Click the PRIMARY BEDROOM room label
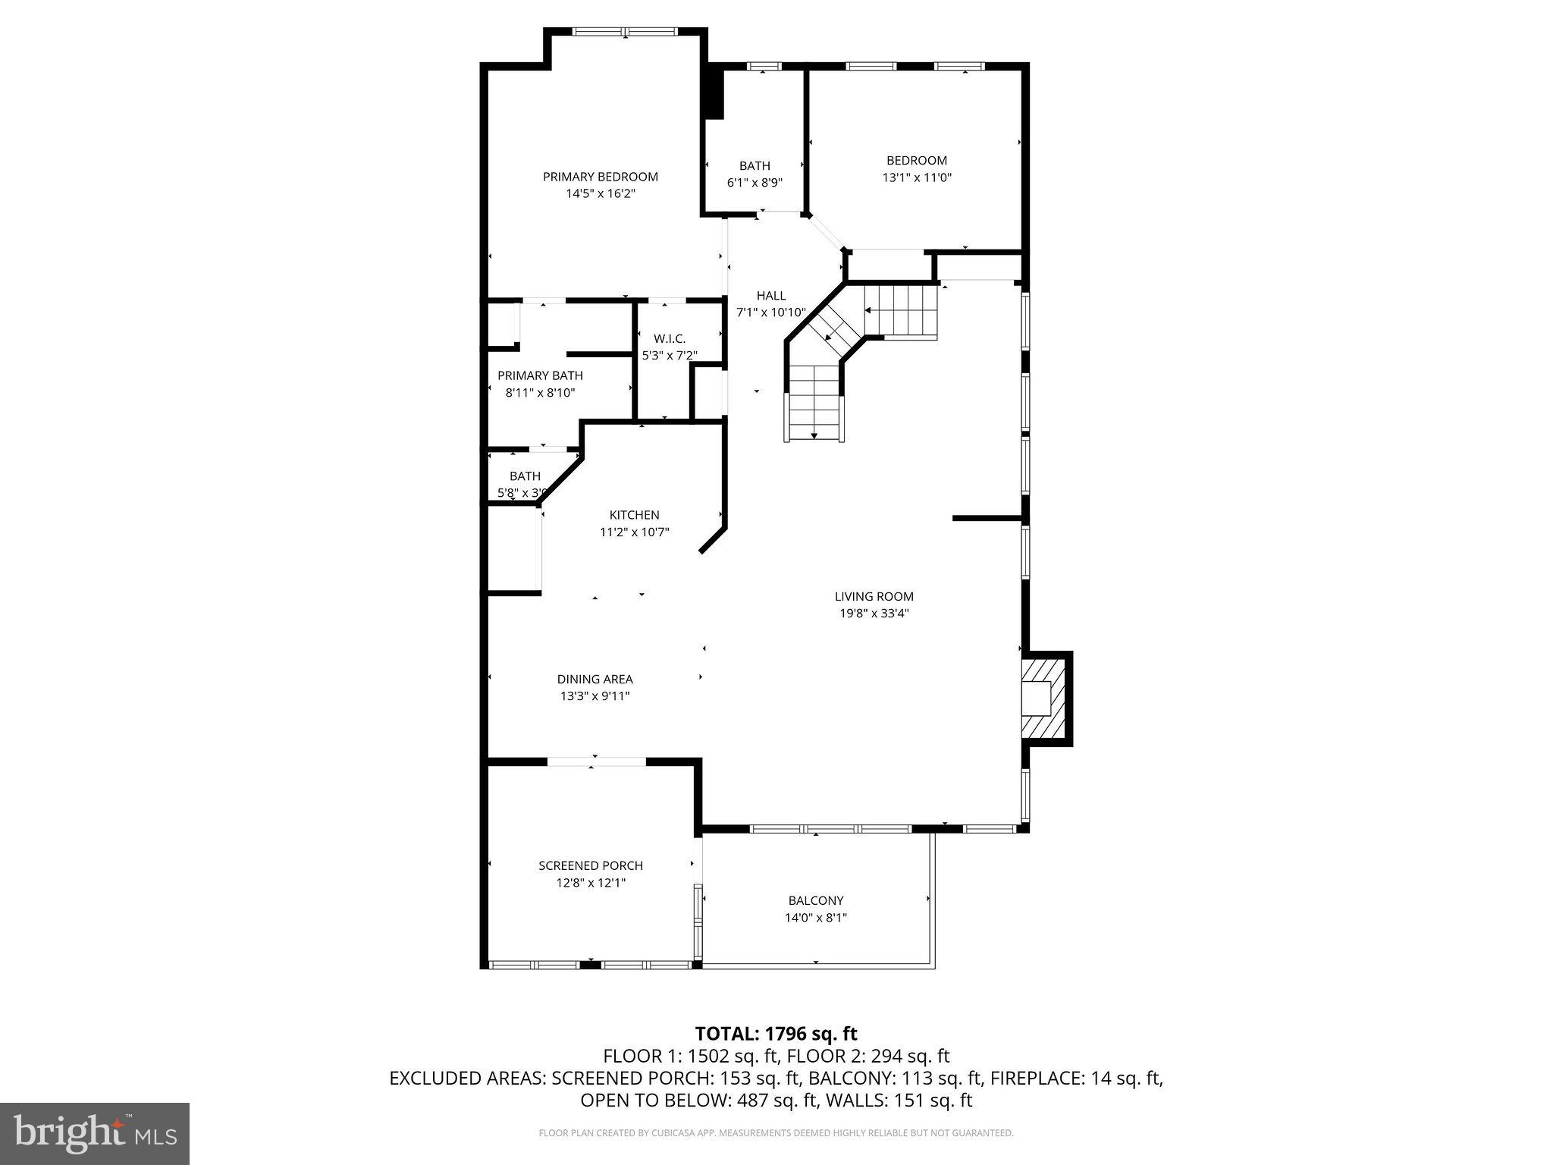tap(600, 177)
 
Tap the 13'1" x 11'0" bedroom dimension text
tap(916, 177)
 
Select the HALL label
tap(770, 295)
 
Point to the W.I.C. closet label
tap(669, 338)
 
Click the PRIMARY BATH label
tap(540, 375)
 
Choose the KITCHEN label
tap(634, 515)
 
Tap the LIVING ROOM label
tap(874, 596)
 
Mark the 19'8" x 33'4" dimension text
tap(874, 614)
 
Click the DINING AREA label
tap(595, 679)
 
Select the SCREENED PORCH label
tap(591, 865)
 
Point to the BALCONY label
tap(815, 900)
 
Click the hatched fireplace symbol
tap(1043, 699)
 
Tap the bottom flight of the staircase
tap(814, 403)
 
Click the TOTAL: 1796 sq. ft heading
tap(776, 1033)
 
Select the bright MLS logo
tap(95, 1133)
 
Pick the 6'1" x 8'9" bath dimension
tap(754, 183)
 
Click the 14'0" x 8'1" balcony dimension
tap(815, 918)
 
